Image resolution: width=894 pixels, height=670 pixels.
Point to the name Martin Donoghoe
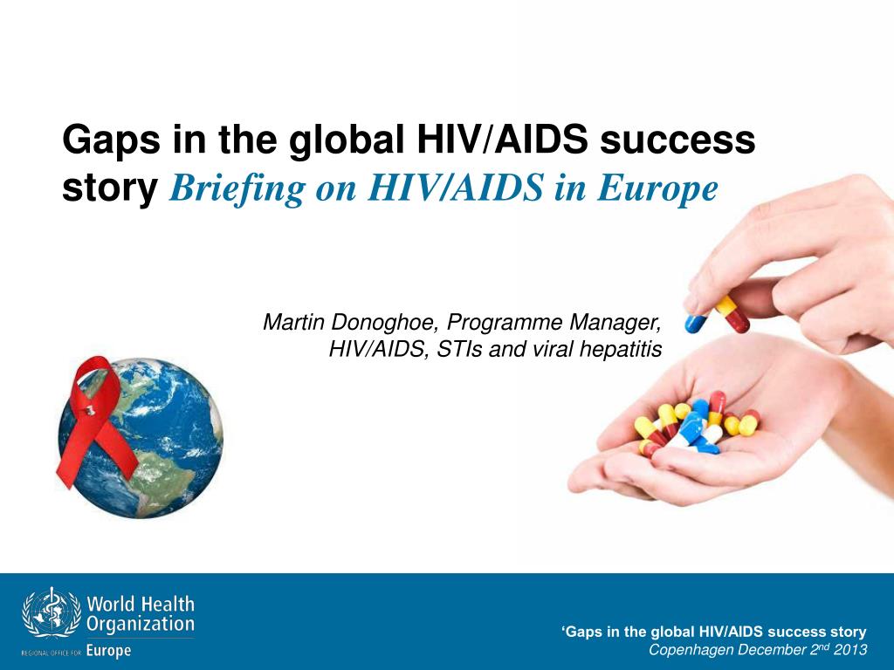(348, 323)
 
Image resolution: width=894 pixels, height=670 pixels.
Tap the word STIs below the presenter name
(455, 350)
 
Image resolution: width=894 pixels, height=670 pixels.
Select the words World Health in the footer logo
(141, 604)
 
